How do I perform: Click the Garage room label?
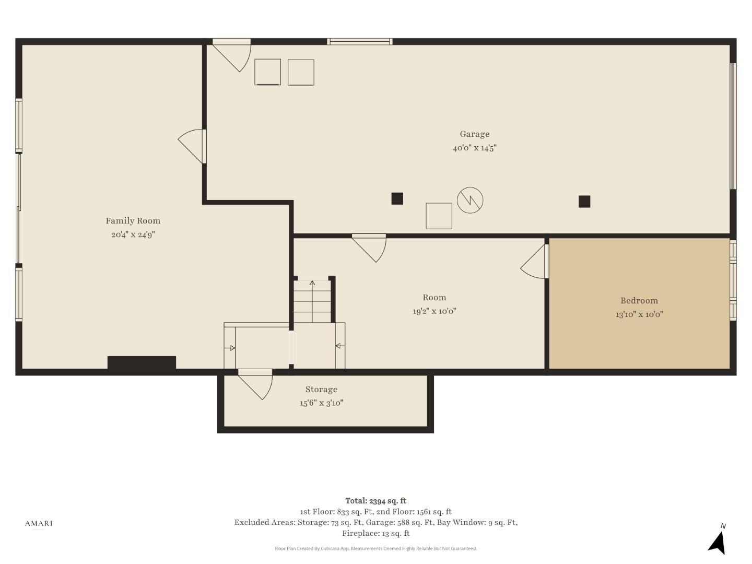[x=475, y=134]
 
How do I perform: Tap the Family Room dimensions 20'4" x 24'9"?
[x=133, y=234]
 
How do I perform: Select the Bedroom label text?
[x=639, y=301]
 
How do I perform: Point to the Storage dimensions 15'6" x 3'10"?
[x=321, y=403]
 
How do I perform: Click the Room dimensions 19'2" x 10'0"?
[x=434, y=311]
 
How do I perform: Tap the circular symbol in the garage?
[x=470, y=201]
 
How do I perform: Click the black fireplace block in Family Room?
[x=142, y=362]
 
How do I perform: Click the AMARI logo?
[x=39, y=523]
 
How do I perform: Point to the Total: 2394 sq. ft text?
[x=376, y=501]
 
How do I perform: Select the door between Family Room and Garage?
[x=192, y=146]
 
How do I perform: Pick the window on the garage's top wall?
[x=360, y=42]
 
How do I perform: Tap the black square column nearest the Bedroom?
[x=584, y=202]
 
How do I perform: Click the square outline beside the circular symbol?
[x=439, y=216]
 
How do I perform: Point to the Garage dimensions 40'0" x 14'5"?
[x=475, y=148]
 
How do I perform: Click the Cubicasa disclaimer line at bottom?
[x=376, y=548]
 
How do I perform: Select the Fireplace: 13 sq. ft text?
[x=376, y=533]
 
